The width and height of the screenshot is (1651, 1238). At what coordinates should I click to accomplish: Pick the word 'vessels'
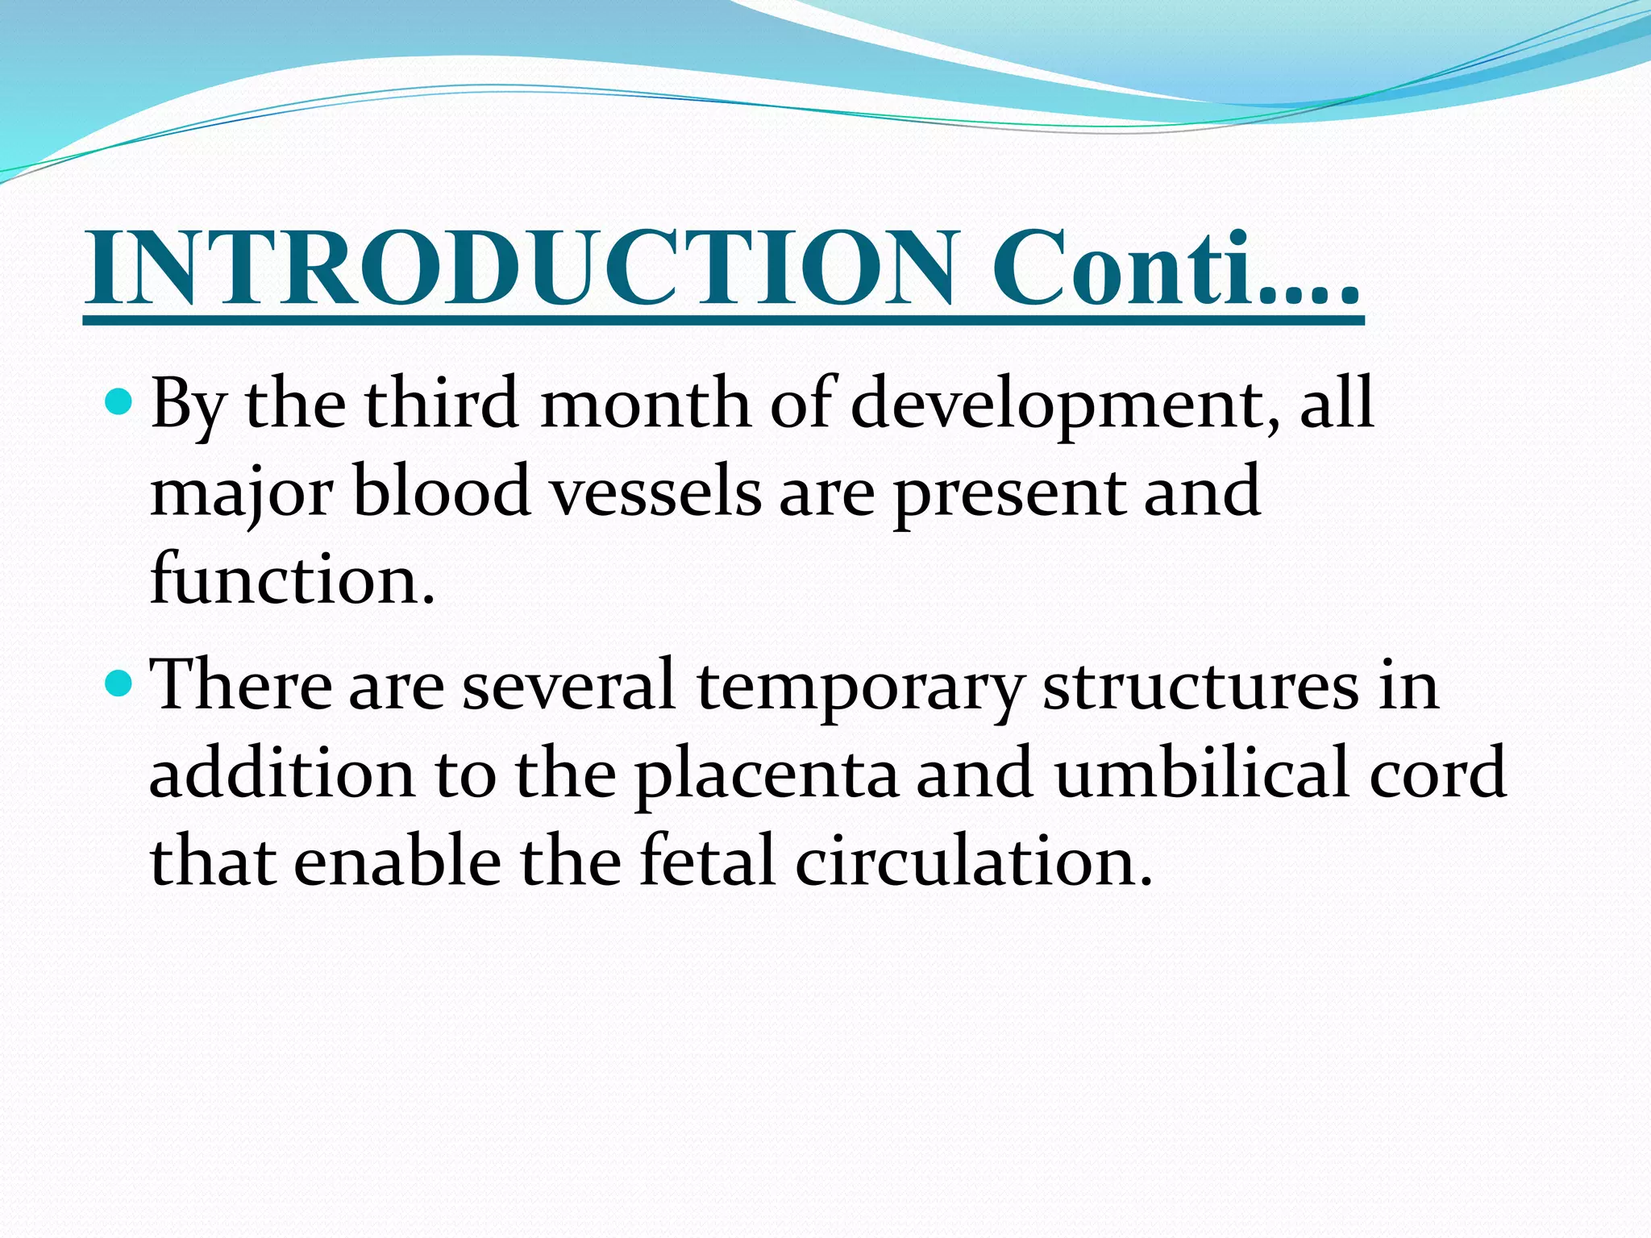[x=655, y=493]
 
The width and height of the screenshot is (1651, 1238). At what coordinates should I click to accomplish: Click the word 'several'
[x=568, y=686]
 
